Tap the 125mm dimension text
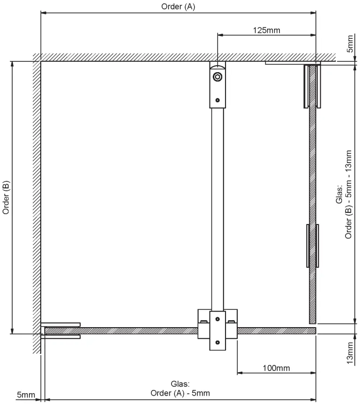266,30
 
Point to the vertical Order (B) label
6,197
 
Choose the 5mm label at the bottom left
25,395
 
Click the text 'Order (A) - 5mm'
180,393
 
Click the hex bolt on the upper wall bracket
217,77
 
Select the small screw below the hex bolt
217,100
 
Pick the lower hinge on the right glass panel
312,246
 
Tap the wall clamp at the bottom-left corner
61,330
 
